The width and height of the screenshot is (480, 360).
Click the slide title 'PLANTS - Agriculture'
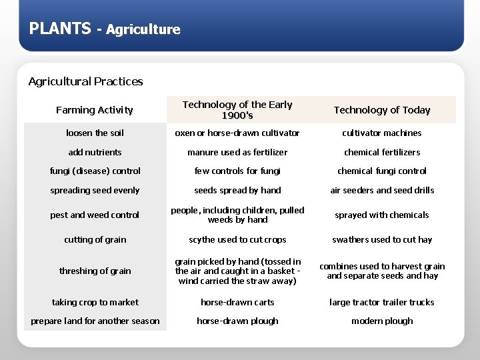point(105,29)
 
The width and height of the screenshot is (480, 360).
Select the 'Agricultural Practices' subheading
point(85,81)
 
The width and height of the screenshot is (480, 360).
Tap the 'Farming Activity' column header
point(95,110)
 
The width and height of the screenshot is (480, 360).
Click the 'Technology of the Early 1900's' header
point(237,110)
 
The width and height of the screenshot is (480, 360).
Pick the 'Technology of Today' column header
point(382,110)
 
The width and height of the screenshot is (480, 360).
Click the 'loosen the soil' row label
point(95,133)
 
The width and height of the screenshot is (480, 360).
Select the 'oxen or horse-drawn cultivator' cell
point(237,133)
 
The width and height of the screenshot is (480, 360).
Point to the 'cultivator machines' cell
point(382,133)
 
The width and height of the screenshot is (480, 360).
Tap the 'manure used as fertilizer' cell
point(237,152)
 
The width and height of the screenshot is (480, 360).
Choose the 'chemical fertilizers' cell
point(382,152)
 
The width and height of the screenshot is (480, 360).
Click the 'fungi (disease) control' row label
point(95,171)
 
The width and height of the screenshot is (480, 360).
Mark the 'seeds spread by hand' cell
point(237,190)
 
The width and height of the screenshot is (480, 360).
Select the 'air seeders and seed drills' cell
point(382,190)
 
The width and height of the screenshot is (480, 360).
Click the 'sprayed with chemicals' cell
point(382,215)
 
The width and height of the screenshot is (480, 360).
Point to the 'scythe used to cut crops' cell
point(237,239)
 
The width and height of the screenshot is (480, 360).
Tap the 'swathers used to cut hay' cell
point(382,239)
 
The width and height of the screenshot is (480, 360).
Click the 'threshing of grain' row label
point(95,271)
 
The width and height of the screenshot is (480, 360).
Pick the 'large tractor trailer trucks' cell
point(382,302)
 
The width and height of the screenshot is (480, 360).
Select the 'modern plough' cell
point(382,321)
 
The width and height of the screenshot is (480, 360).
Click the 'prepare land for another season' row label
point(95,321)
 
